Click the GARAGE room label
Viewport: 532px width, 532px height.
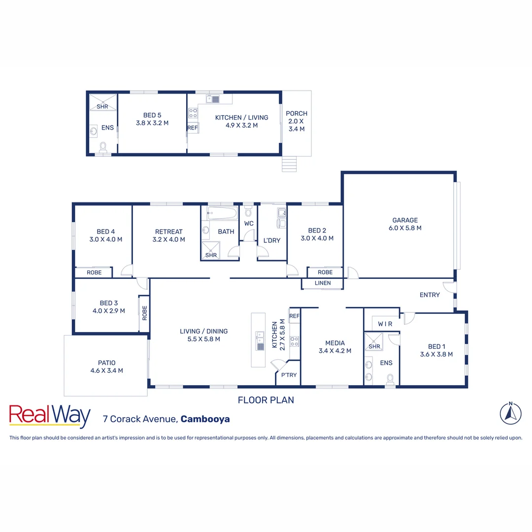pyautogui.click(x=405, y=220)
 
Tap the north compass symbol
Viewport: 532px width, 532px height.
pyautogui.click(x=511, y=413)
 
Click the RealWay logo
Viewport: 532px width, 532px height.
pyautogui.click(x=50, y=416)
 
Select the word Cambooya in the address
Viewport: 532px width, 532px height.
pyautogui.click(x=205, y=419)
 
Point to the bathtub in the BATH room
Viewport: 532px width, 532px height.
pyautogui.click(x=222, y=214)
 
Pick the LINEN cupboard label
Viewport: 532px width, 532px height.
pyautogui.click(x=323, y=283)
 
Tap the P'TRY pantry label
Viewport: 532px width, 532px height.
pyautogui.click(x=289, y=375)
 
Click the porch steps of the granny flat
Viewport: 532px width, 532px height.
pyautogui.click(x=290, y=164)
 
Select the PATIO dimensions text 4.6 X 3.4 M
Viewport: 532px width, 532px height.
pyautogui.click(x=106, y=370)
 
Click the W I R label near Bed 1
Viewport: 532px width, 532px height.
pyautogui.click(x=385, y=324)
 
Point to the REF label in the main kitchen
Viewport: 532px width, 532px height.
pyautogui.click(x=295, y=316)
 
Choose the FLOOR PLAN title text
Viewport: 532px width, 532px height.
pyautogui.click(x=266, y=400)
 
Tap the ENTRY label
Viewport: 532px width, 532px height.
pyautogui.click(x=430, y=295)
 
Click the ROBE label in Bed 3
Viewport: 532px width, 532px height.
pyautogui.click(x=145, y=313)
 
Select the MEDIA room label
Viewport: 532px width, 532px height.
pyautogui.click(x=335, y=343)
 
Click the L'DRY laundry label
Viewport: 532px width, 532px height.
pyautogui.click(x=271, y=240)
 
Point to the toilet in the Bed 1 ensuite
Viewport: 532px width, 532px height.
pyautogui.click(x=390, y=378)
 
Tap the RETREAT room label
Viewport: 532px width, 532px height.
pyautogui.click(x=168, y=232)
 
